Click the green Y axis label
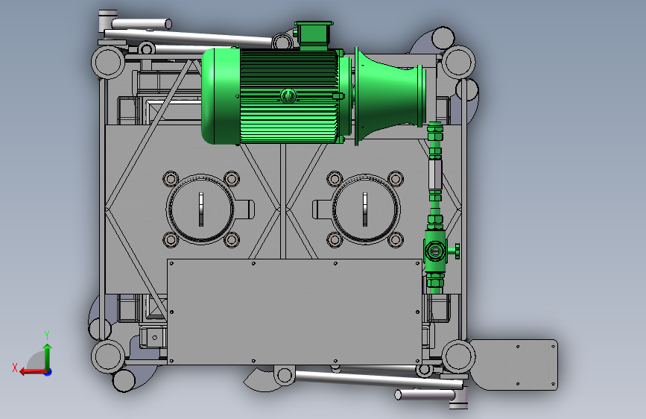(x=47, y=335)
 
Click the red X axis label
(x=15, y=368)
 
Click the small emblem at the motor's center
(x=288, y=96)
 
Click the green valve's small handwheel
(x=457, y=251)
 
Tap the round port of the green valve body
(x=434, y=251)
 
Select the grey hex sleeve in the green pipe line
(x=435, y=174)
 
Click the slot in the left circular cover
(x=201, y=209)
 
